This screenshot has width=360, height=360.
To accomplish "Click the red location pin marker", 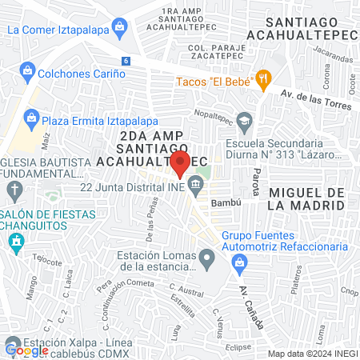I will [180, 164].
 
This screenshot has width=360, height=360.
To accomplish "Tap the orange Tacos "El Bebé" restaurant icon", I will [263, 79].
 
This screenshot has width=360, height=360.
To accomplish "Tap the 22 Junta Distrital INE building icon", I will [196, 188].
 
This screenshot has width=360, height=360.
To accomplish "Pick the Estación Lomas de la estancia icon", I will [207, 258].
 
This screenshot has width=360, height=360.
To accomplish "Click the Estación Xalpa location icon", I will [14, 346].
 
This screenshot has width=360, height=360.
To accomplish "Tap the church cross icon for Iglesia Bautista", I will [14, 190].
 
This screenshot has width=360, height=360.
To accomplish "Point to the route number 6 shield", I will [126, 61].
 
